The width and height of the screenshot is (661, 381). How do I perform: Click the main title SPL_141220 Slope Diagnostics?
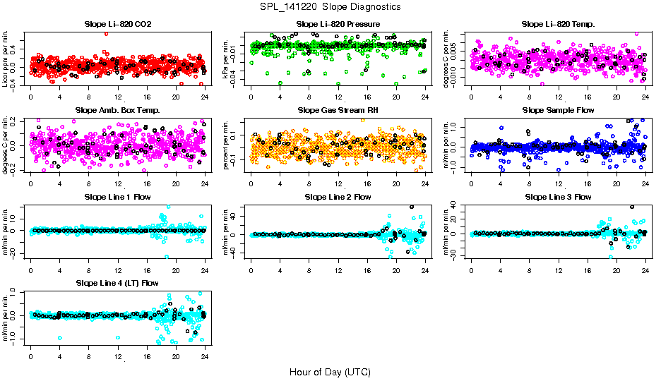(x=330, y=6)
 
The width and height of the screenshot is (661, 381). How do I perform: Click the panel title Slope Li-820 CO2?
(x=117, y=24)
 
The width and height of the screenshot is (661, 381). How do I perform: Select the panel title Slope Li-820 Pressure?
(x=338, y=24)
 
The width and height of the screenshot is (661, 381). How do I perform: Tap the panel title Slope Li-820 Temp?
(x=558, y=24)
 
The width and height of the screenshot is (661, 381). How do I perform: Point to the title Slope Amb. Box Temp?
(x=117, y=110)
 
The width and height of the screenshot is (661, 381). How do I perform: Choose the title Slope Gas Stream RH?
(x=338, y=110)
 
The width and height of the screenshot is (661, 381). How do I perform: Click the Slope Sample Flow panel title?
(x=558, y=110)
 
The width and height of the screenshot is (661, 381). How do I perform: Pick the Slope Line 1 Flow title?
(x=117, y=197)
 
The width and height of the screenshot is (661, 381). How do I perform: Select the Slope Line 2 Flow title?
(x=338, y=197)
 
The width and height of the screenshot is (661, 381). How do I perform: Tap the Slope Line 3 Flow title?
(x=558, y=197)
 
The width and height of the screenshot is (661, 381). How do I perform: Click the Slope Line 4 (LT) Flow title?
(x=117, y=283)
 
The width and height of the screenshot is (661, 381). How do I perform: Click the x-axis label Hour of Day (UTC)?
(x=330, y=371)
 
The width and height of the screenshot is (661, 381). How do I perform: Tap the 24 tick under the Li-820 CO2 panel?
(x=205, y=97)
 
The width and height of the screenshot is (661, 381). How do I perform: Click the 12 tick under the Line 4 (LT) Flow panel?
(x=118, y=356)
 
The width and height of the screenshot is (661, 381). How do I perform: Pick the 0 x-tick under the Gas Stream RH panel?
(x=251, y=183)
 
